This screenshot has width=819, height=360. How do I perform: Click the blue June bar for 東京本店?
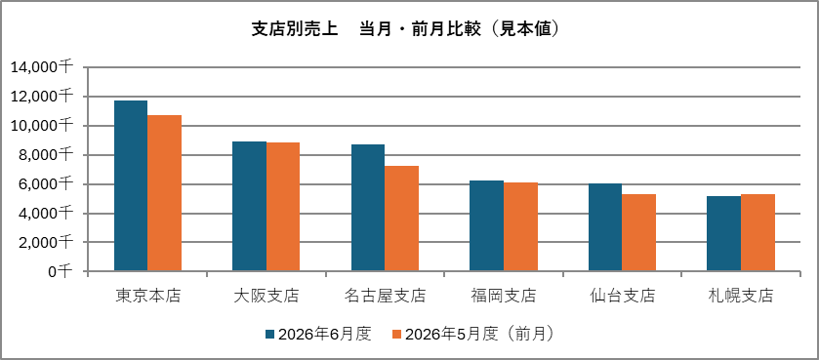131,185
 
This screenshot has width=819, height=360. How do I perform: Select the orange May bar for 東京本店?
165,193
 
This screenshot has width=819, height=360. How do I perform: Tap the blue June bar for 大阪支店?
249,206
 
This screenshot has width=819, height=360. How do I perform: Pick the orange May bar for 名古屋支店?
401,219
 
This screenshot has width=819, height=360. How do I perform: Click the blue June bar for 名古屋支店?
368,208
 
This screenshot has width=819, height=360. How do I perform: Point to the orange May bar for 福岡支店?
520,227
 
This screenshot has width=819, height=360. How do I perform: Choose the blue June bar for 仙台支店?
605,227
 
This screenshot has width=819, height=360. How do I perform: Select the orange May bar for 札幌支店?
758,233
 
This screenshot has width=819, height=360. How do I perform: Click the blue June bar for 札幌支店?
724,234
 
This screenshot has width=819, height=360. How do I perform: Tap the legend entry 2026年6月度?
318,335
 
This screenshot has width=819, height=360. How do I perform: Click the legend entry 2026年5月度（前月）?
472,335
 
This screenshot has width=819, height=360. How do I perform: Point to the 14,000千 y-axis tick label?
41,67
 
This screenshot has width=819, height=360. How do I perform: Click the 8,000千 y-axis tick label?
45,155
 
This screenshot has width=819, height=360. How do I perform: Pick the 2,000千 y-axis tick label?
45,242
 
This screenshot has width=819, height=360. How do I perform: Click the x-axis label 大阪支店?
266,297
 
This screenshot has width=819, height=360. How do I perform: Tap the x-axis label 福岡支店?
504,297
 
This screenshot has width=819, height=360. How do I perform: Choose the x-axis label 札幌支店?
741,297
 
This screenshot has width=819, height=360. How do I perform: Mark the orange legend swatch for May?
396,335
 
